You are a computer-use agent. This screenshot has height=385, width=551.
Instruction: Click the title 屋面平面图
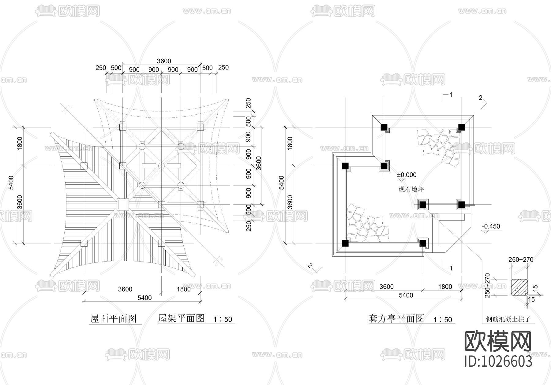tap(113, 319)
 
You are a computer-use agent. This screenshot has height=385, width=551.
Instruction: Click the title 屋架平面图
tap(181, 318)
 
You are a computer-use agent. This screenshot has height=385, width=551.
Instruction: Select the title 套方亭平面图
tap(396, 319)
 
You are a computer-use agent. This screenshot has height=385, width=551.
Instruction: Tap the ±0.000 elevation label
tap(407, 175)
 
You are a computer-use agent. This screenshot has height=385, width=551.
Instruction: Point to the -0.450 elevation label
tap(491, 226)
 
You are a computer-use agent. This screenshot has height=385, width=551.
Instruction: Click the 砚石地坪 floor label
tap(411, 189)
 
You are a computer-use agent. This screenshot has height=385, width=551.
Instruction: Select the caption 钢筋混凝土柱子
tap(508, 320)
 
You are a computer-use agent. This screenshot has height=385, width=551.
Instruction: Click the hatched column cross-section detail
tap(519, 288)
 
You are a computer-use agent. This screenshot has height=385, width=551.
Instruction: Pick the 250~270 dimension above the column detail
tap(521, 260)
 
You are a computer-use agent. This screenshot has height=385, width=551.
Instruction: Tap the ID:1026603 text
tap(498, 361)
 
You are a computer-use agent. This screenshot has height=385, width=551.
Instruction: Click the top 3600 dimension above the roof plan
tap(164, 61)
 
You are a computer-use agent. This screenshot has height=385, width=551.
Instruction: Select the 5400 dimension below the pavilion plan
tap(406, 295)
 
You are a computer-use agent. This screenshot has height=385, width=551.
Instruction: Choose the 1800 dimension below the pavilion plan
tap(445, 287)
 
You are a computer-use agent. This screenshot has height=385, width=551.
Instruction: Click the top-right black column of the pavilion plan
tap(462, 127)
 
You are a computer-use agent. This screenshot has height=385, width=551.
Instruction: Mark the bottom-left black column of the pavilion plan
tap(345, 243)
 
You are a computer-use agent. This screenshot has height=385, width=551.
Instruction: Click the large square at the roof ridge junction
tap(122, 204)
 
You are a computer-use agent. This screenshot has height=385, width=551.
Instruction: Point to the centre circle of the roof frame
tap(161, 166)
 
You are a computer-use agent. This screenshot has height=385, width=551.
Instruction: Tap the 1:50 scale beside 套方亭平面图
tap(443, 320)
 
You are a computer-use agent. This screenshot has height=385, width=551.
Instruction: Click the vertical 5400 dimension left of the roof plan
tap(11, 182)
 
